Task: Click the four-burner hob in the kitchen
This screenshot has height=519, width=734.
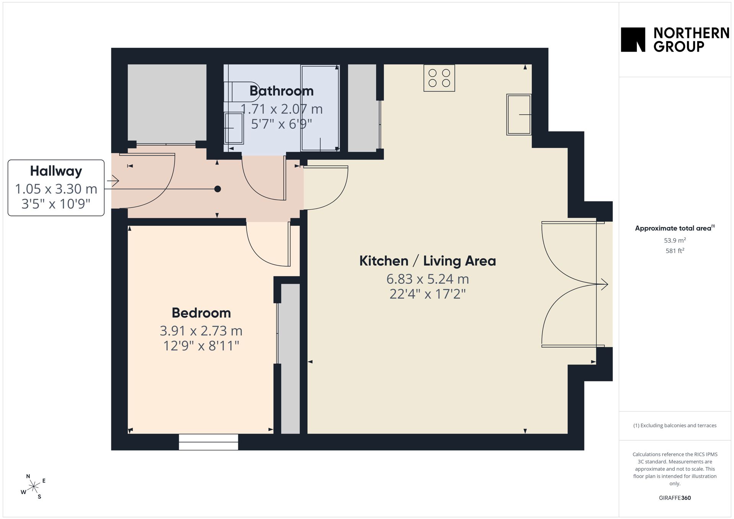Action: (x=439, y=78)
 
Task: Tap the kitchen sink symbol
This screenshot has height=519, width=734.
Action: (x=519, y=115)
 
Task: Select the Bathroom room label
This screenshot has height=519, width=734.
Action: (x=282, y=91)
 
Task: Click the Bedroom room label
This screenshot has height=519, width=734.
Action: (x=201, y=313)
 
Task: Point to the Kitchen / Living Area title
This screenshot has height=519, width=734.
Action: (x=427, y=261)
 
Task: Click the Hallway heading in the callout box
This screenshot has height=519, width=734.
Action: (x=56, y=171)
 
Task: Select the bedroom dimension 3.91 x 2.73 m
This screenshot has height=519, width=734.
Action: (x=201, y=331)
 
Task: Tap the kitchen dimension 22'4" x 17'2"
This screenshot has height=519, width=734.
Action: (x=428, y=294)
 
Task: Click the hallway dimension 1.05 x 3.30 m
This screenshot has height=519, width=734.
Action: (x=56, y=189)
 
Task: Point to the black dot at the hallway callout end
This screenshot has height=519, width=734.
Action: (x=218, y=189)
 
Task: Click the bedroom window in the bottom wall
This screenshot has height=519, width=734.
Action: (x=208, y=442)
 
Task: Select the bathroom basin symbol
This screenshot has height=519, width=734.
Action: (x=234, y=128)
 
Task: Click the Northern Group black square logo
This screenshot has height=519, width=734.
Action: (x=633, y=39)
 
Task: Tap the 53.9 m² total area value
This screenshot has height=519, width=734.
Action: (x=675, y=240)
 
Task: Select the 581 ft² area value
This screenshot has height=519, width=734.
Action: (x=675, y=251)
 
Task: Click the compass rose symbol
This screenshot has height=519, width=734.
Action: (x=34, y=487)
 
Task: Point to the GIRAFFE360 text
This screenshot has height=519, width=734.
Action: (x=675, y=498)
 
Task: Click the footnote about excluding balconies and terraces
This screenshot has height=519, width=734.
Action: (x=675, y=425)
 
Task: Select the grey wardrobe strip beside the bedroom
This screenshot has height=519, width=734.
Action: (x=291, y=358)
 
